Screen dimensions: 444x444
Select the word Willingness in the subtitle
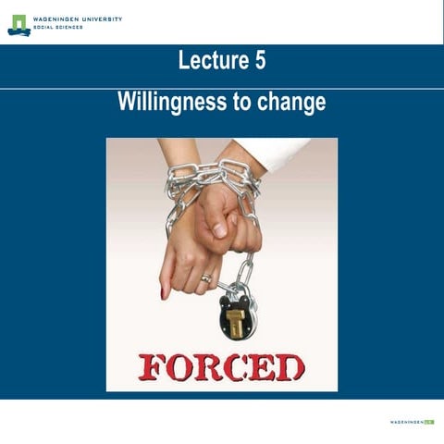click(x=164, y=102)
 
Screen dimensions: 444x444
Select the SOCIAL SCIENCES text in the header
click(x=58, y=28)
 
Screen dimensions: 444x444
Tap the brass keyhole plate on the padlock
click(x=238, y=323)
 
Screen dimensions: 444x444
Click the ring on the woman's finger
click(x=205, y=277)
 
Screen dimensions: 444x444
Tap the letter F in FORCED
click(x=152, y=366)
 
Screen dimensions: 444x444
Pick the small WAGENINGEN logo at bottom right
click(x=411, y=422)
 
